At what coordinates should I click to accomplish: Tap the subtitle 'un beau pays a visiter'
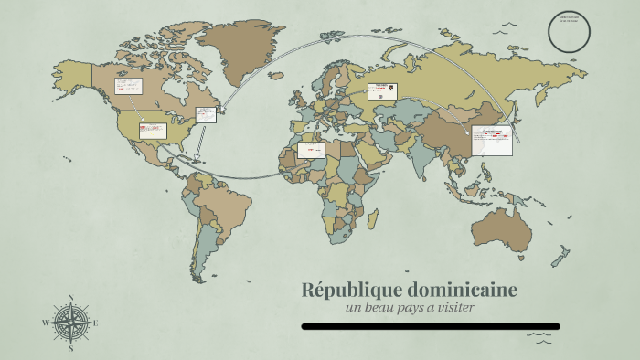click(410, 307)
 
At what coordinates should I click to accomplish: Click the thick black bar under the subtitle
click(430, 326)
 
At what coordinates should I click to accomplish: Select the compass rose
click(70, 323)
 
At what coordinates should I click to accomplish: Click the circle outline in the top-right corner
click(569, 30)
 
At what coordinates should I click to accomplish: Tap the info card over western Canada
click(128, 87)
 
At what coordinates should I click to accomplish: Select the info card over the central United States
click(153, 131)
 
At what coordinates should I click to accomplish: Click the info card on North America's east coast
click(206, 115)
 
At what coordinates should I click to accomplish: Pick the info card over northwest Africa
click(311, 150)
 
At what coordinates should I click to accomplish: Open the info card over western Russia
click(382, 90)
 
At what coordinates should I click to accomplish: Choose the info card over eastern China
click(491, 142)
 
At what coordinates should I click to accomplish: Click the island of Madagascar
click(372, 217)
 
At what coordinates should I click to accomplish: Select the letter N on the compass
click(70, 298)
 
